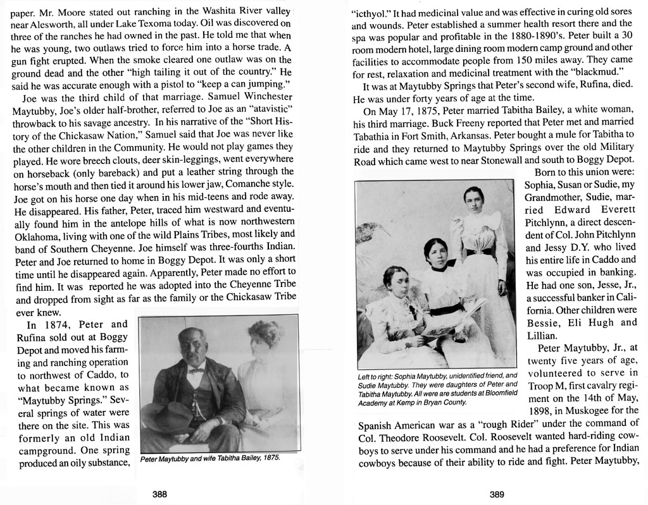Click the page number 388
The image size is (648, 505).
159,495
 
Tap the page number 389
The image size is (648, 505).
497,495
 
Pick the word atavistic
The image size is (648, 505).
268,110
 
